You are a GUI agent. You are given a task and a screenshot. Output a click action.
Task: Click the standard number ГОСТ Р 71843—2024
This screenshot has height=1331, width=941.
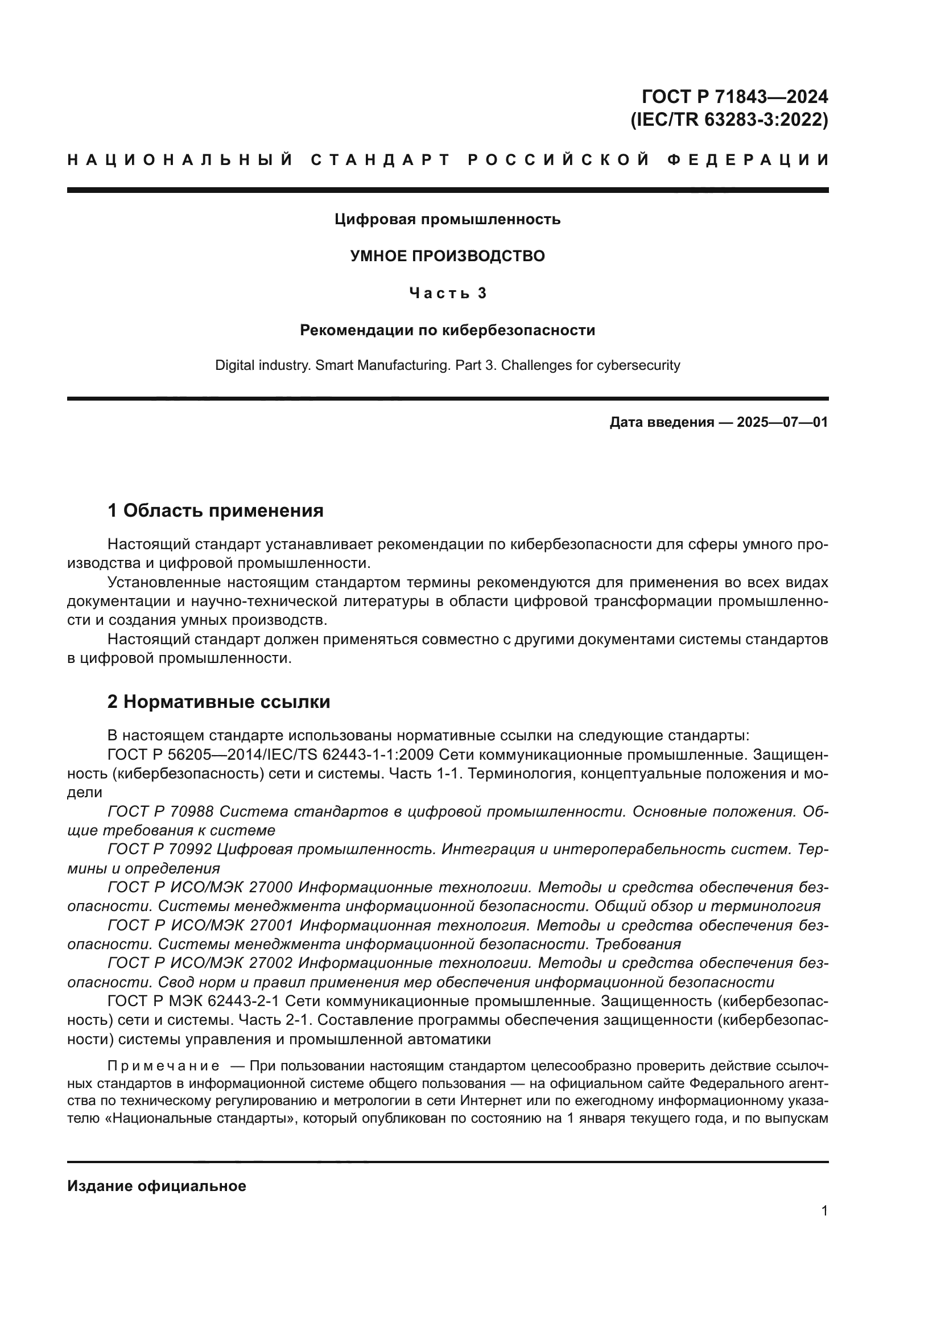[734, 96]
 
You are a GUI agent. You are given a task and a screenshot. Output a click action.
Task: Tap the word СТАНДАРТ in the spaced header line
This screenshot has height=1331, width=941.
[380, 160]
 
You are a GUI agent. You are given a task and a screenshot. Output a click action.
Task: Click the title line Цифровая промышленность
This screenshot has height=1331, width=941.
[447, 220]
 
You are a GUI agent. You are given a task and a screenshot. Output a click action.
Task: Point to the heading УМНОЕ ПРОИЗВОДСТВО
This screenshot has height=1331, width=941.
[447, 256]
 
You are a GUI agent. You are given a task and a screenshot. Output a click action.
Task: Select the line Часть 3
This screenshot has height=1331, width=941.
[447, 293]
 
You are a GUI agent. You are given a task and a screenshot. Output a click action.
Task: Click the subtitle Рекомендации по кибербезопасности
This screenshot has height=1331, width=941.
[447, 331]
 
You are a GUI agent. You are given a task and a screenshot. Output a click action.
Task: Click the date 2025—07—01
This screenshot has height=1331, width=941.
[782, 423]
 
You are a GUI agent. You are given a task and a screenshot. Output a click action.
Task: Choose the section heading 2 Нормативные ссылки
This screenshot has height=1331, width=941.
[218, 702]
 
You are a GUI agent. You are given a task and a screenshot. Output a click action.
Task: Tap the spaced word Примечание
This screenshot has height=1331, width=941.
[163, 1066]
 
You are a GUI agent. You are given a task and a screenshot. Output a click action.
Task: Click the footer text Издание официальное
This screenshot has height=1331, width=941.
[156, 1186]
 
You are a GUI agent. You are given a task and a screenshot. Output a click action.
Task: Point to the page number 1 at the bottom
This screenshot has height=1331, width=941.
[824, 1210]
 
